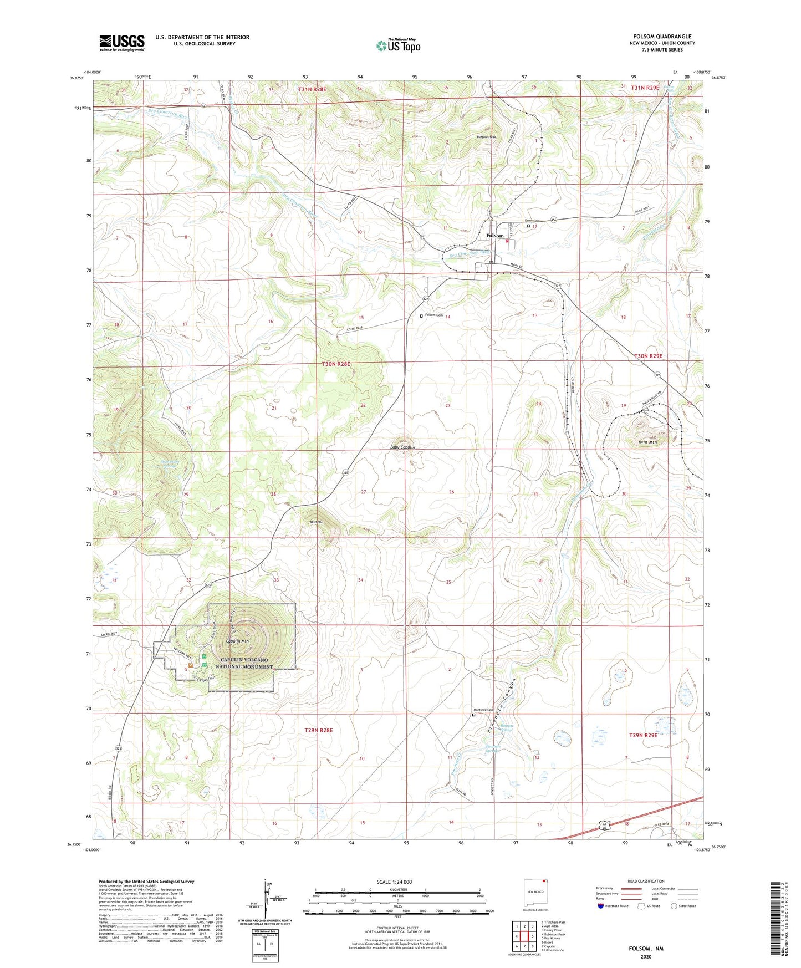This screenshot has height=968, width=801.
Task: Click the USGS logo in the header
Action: click(x=122, y=43)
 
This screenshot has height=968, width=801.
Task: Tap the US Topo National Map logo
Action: click(x=398, y=45)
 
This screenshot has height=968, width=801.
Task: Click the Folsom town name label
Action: click(x=495, y=236)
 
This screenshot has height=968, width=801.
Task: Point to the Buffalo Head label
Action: click(x=487, y=137)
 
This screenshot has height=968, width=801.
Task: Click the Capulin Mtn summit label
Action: click(x=237, y=641)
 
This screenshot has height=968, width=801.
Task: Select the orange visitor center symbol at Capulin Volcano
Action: click(x=190, y=664)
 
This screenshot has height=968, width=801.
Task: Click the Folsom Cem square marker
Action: click(x=421, y=315)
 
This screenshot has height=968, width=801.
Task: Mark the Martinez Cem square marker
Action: click(x=473, y=715)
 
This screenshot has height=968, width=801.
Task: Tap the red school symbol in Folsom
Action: click(x=507, y=241)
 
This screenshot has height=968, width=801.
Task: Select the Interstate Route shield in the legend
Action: click(x=601, y=906)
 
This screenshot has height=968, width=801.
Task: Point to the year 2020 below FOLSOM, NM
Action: click(x=646, y=957)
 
